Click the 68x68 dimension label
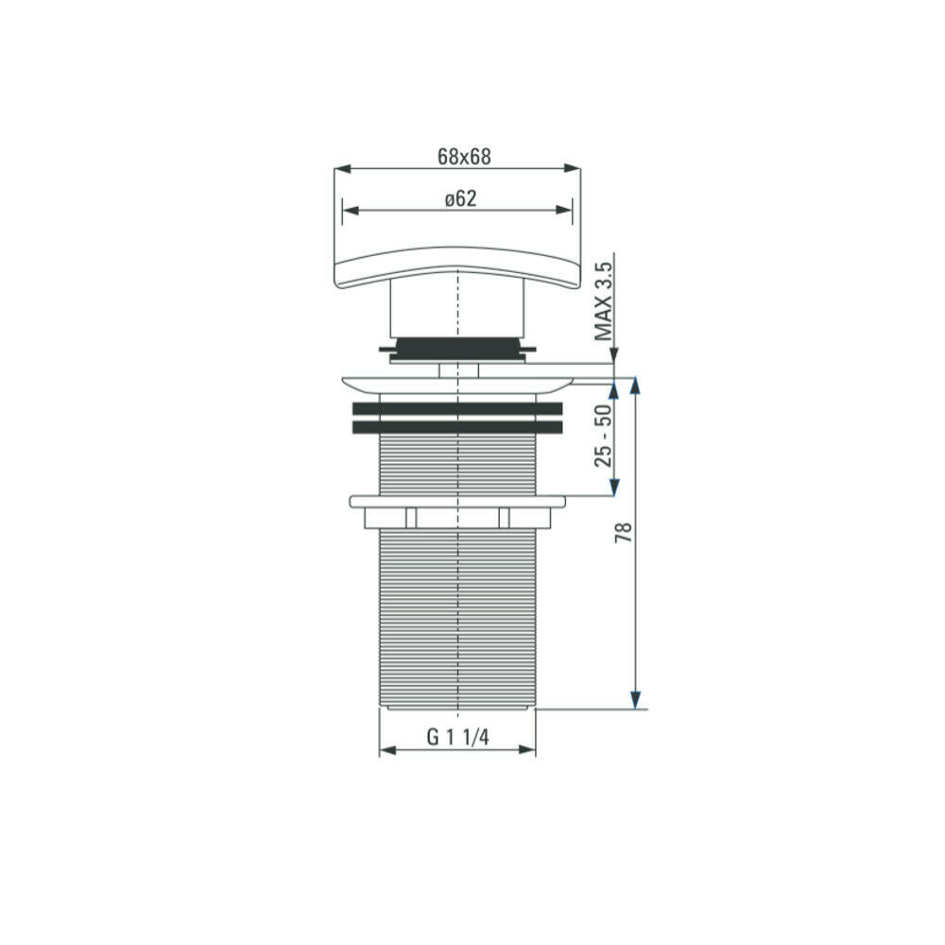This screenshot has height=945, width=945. click(x=464, y=157)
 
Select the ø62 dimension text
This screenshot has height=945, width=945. click(x=460, y=198)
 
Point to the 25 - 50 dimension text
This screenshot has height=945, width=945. click(x=603, y=435)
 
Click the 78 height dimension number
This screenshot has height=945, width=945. click(x=623, y=532)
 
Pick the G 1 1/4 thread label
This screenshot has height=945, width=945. click(x=457, y=736)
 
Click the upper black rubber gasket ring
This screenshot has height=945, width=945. click(x=457, y=408)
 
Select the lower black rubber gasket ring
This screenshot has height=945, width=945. click(x=457, y=428)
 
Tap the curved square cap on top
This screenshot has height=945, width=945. click(x=457, y=268)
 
